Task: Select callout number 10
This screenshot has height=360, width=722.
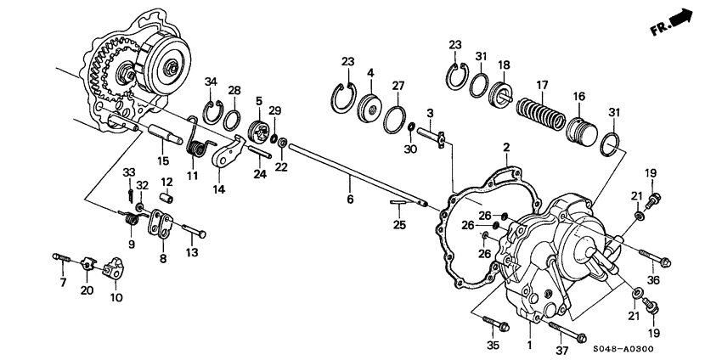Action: click(117, 298)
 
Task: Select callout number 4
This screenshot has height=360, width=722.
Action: click(370, 74)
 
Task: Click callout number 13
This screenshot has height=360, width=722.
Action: click(191, 252)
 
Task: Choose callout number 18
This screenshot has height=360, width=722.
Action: click(504, 65)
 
